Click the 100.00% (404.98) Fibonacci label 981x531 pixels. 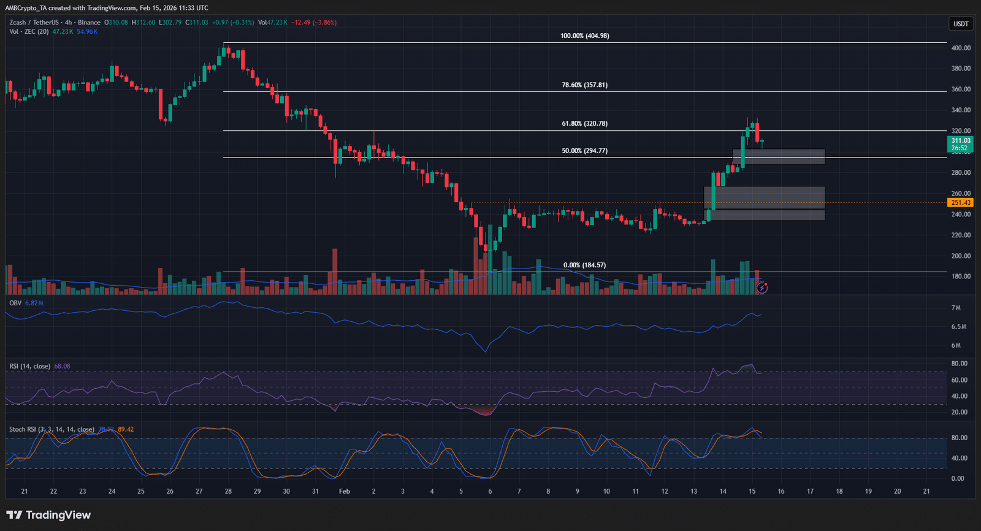point(584,36)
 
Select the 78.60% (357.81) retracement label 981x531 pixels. point(584,85)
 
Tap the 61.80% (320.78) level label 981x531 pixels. point(584,124)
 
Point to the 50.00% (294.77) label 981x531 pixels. point(584,151)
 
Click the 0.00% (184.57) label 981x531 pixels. point(584,265)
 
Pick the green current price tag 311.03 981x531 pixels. point(960,141)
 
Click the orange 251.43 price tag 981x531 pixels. point(960,203)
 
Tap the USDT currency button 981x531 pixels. point(961,24)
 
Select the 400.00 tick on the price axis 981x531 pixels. point(961,48)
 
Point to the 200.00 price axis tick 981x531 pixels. point(961,256)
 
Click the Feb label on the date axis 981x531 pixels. point(345,491)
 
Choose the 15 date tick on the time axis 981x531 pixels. point(752,491)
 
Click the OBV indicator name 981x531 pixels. point(15,304)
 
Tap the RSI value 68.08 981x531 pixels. point(62,367)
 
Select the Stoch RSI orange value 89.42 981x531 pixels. point(126,430)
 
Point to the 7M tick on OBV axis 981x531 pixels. point(956,308)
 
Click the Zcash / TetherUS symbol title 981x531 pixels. point(36,23)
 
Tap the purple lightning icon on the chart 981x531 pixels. point(762,288)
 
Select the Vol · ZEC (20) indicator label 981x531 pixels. point(29,32)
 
